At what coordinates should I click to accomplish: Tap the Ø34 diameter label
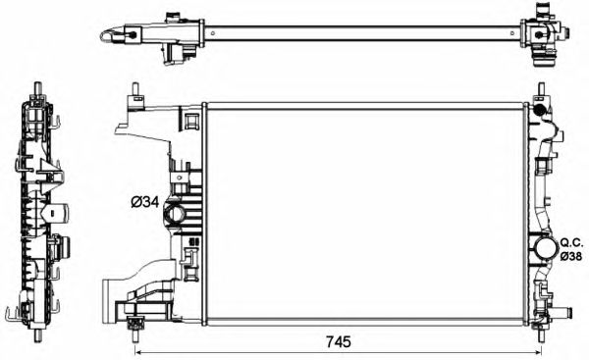tap(144, 203)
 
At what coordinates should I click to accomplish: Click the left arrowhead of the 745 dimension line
tap(137, 351)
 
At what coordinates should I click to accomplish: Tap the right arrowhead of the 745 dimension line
tap(537, 351)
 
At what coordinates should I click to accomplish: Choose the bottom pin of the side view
tap(36, 334)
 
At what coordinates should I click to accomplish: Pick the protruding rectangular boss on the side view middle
tap(58, 210)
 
